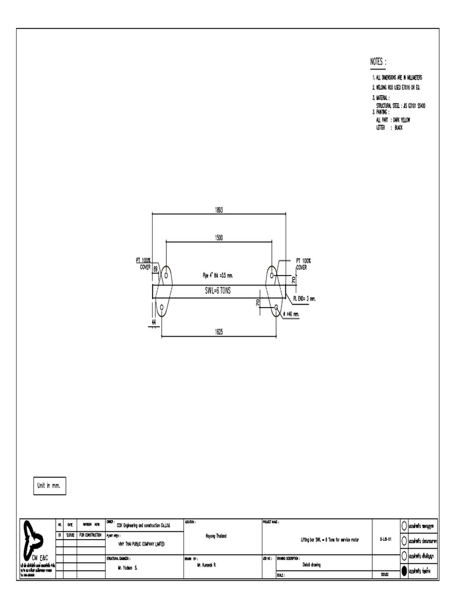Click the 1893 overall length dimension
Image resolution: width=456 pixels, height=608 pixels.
218,210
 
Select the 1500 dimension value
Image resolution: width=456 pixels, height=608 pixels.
218,237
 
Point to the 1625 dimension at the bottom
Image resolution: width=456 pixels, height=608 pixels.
218,332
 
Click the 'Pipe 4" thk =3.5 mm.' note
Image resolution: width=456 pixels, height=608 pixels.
218,275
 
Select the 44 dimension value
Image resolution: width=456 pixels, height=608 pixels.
153,321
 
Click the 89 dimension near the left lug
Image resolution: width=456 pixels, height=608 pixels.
156,269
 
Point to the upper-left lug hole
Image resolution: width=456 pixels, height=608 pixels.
166,275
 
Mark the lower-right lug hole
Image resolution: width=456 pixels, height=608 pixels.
276,307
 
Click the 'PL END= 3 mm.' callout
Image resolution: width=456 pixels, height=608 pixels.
305,299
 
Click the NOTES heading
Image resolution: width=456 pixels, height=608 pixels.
378,62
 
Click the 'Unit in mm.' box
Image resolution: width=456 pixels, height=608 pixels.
49,485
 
